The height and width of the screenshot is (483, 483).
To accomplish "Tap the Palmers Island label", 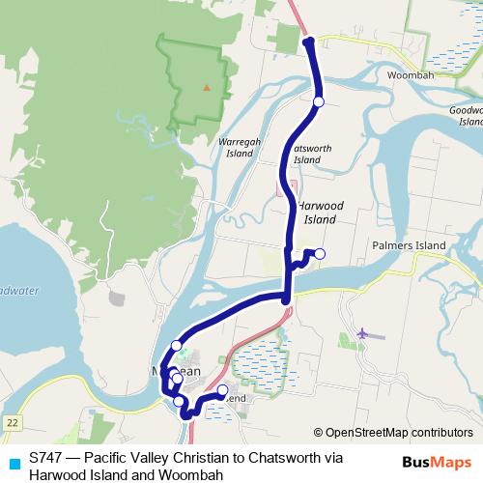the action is coord(409,245).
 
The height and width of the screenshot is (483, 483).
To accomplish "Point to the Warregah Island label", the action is coord(241,146).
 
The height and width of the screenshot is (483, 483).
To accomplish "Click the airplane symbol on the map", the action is coord(363,333).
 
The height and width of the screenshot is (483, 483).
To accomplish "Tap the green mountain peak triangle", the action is coord(205,87).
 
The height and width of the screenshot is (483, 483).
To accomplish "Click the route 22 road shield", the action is coord(12,423).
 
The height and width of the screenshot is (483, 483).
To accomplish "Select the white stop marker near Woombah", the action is coord(319,100).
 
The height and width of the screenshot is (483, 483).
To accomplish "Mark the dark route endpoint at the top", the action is coord(308,42).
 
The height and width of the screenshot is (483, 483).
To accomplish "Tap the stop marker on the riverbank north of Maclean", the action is coord(176,345).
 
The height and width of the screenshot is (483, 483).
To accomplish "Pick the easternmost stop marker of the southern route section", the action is coord(222,390).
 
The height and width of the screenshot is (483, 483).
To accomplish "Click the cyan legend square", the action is coord(13,460).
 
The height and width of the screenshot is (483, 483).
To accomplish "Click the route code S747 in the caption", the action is coord(44,457).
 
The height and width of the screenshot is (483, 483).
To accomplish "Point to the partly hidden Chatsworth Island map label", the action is coord(306,154).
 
